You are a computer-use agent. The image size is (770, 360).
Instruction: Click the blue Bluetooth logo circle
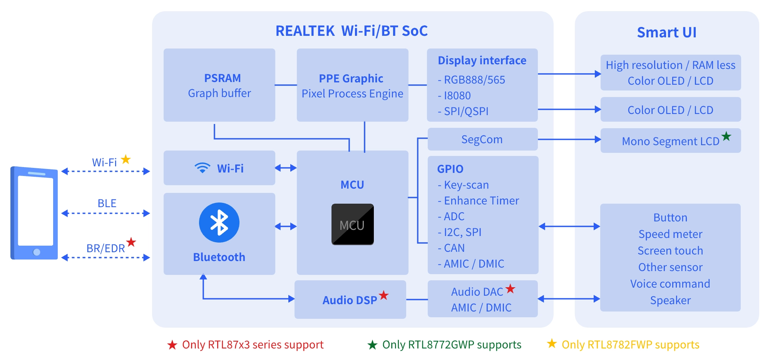pos(219,223)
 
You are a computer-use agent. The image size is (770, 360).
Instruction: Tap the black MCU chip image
pos(353,224)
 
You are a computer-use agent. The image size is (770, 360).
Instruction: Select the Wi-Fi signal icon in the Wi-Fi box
pos(202,168)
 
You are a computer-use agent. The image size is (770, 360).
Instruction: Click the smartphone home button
pos(37,252)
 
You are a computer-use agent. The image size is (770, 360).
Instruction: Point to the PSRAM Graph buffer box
pos(219,85)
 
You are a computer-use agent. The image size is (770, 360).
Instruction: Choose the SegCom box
pos(483,139)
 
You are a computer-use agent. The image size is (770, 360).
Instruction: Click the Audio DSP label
pos(350,300)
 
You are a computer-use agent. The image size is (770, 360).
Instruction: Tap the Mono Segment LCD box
pos(671,141)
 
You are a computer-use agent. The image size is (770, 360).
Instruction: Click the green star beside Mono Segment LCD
pos(726,136)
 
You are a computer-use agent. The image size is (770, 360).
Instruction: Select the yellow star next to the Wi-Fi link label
pos(126,159)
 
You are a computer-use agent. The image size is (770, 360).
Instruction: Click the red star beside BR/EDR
pos(131,242)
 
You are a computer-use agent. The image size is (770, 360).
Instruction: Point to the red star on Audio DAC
pos(511,288)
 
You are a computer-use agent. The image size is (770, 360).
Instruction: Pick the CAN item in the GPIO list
pos(451,248)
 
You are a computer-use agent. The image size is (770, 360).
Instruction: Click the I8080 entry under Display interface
pos(454,95)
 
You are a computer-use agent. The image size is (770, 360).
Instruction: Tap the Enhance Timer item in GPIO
pos(479,201)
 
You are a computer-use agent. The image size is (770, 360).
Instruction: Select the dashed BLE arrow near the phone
pos(105,213)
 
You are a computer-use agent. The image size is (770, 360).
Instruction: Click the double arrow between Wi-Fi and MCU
pos(286,168)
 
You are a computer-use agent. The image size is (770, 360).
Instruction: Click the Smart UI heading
pos(667,32)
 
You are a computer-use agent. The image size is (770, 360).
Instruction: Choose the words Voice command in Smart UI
pos(670,284)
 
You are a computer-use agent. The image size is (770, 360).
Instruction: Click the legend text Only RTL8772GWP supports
pos(452,345)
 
